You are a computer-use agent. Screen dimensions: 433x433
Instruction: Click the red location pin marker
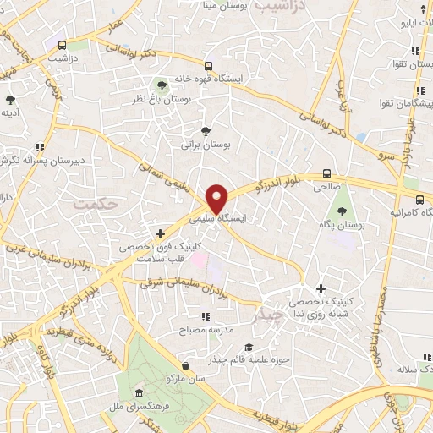point(218,200)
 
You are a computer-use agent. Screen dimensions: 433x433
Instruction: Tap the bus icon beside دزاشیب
point(62,45)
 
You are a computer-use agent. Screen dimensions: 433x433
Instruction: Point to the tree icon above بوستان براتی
point(206,130)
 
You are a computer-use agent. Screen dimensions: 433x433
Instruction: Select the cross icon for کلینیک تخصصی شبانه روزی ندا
point(321,288)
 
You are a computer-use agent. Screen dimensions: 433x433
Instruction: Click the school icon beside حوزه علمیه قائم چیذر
point(249,348)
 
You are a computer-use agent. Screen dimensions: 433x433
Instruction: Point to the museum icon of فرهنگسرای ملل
point(138,396)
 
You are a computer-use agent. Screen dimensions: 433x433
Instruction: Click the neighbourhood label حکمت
point(92,204)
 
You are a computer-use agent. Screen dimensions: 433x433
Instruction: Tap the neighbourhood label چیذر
point(268,316)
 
